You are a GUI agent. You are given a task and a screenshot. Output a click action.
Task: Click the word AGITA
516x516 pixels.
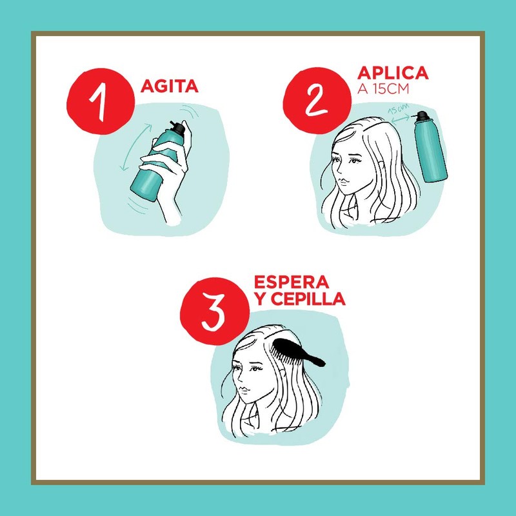click(170, 86)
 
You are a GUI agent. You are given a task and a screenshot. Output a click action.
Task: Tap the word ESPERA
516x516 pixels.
click(292, 283)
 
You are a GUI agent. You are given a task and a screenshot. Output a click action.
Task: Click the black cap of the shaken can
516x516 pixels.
click(177, 130)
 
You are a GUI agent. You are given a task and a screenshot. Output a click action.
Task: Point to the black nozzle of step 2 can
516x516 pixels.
click(422, 117)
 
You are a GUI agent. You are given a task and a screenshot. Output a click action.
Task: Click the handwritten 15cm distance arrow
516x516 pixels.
click(400, 116)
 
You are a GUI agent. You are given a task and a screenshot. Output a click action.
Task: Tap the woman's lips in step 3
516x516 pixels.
click(243, 392)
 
